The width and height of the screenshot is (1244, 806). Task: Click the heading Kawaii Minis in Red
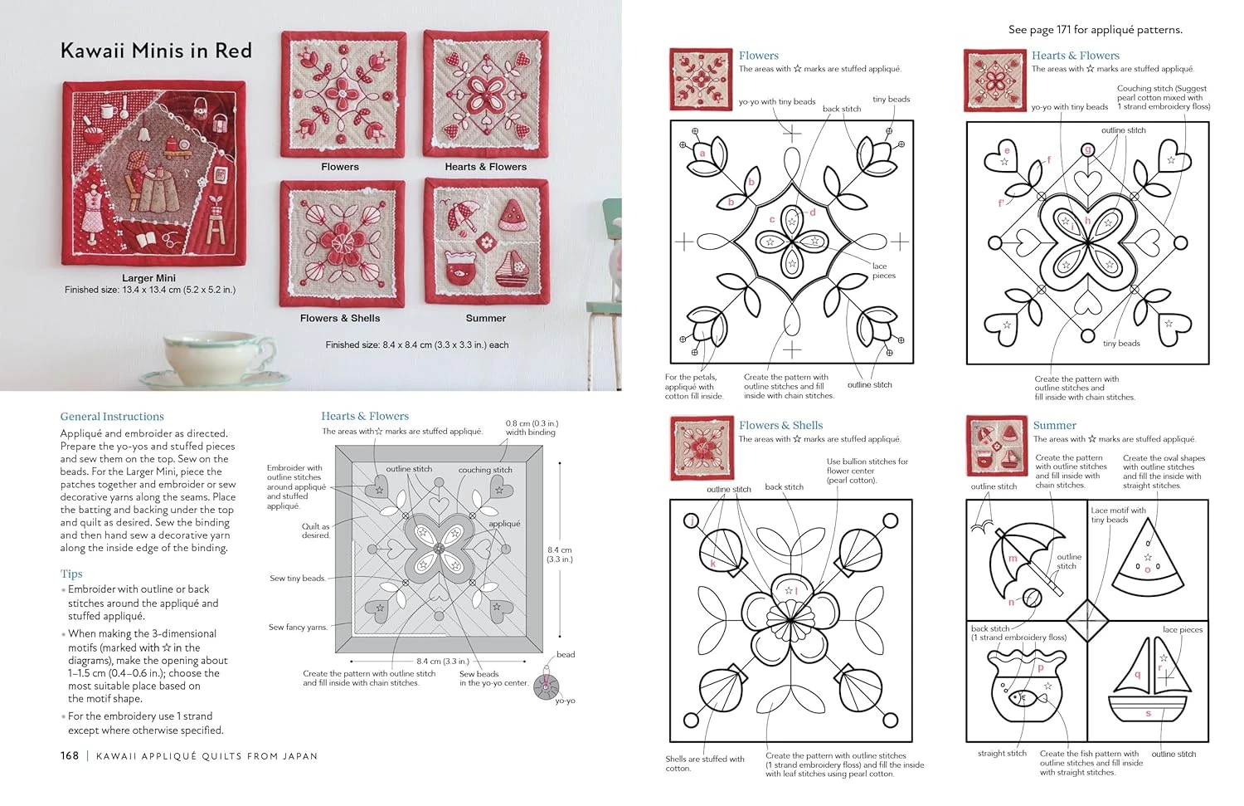coord(156,51)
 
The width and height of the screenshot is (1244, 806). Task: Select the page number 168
coord(70,756)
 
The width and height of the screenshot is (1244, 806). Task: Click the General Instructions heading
coord(112,417)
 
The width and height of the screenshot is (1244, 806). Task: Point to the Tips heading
coord(71,574)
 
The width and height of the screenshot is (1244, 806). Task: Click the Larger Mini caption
coord(148,278)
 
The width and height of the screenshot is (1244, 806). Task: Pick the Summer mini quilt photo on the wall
coord(487,242)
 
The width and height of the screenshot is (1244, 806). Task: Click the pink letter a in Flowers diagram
coord(702,154)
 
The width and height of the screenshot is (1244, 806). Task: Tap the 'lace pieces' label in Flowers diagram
coord(883,271)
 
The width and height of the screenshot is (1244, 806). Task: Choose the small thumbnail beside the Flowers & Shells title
coord(702,448)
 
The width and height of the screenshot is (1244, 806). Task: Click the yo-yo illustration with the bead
coord(546,687)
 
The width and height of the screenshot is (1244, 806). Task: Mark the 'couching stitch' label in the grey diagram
coord(485,470)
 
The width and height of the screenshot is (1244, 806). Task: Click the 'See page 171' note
coord(1096,29)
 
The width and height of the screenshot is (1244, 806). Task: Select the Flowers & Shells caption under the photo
coord(340,318)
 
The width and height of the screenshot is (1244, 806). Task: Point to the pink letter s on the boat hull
coord(1148,713)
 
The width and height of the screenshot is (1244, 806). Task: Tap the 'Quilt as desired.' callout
coord(315,531)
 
